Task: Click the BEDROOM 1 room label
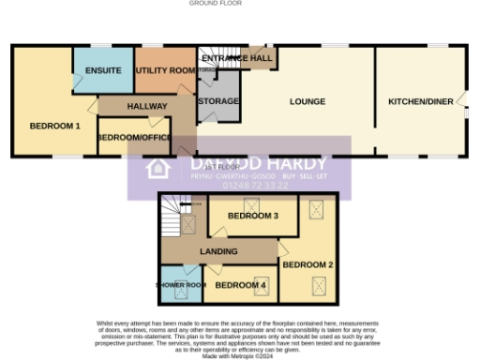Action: pos(54,126)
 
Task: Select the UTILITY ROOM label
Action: pos(164,70)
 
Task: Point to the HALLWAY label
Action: pos(146,106)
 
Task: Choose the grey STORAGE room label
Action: pos(218,101)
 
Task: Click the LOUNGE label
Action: pos(307,101)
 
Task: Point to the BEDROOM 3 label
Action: pos(253,216)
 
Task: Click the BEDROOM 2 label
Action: pos(307,264)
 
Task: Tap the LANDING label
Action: pos(217,251)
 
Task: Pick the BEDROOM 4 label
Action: pos(240,285)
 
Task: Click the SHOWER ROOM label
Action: pos(180,285)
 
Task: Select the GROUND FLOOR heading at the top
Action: pos(216,4)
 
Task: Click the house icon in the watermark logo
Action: pos(157,169)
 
